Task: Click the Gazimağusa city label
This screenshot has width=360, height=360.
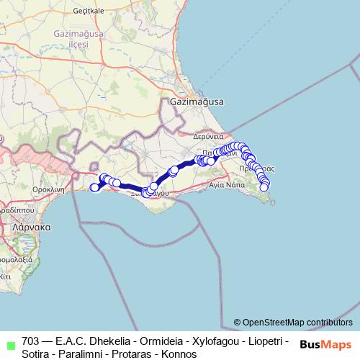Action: [197, 102]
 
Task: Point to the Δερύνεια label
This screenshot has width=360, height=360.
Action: [210, 135]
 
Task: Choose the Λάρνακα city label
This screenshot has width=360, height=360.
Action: [31, 226]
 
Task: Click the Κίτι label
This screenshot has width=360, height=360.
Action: [6, 275]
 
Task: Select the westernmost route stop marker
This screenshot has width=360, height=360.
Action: [94, 188]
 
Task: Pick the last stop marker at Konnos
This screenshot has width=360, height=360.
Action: [264, 188]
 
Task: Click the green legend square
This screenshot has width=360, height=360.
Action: [9, 342]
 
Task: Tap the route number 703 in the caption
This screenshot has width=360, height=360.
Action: [31, 341]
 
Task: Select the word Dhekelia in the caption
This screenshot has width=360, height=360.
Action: [111, 341]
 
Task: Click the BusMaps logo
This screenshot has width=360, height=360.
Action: [325, 344]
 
